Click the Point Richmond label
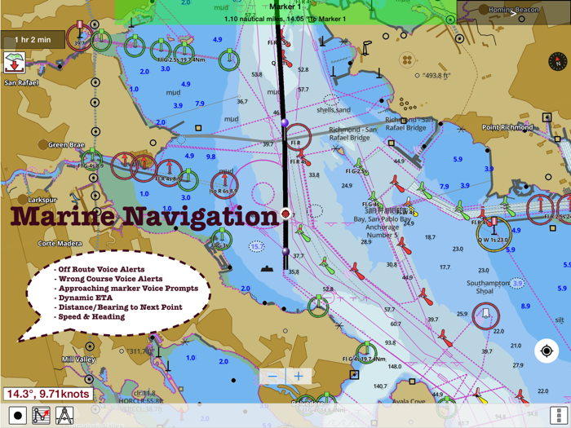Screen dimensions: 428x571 (x=507, y=127)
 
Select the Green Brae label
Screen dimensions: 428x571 (x=66, y=145)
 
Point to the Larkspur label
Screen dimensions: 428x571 (x=42, y=199)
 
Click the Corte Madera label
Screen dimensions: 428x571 (x=59, y=243)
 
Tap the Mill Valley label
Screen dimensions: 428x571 (x=78, y=359)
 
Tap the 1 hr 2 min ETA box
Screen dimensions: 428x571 (x=33, y=40)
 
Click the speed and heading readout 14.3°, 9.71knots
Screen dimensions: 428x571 (x=47, y=394)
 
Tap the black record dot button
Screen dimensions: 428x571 (x=18, y=416)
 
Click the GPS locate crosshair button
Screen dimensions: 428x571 (x=547, y=351)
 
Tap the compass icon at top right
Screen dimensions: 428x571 (x=558, y=61)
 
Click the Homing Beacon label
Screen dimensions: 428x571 (x=513, y=10)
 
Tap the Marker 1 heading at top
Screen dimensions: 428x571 (x=285, y=7)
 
